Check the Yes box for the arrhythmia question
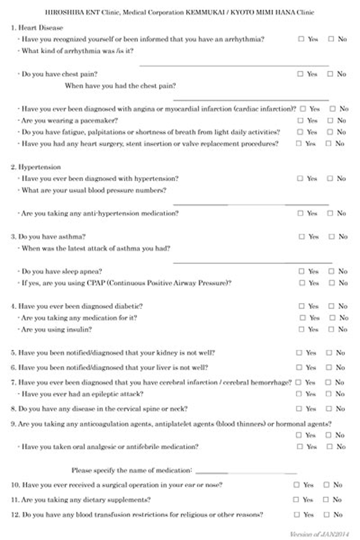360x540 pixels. coord(301,39)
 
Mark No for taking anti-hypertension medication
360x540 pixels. coord(330,213)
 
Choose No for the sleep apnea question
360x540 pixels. coord(331,271)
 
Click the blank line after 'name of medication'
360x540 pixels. coord(246,472)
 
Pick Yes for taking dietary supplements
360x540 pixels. coord(296,499)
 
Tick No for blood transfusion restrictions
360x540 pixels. coord(327,514)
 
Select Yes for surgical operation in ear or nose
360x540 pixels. coord(296,484)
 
